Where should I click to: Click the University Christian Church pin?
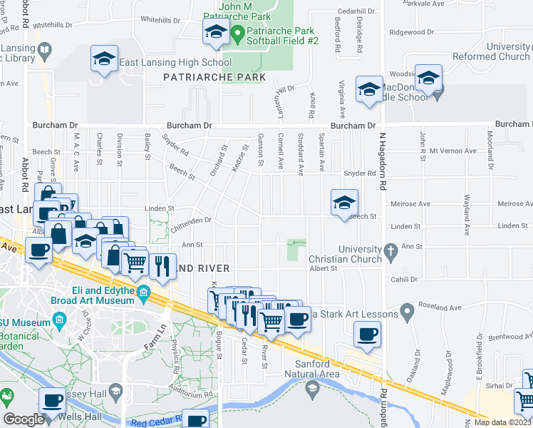point(390,251)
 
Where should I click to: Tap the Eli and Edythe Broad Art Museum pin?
point(143,292)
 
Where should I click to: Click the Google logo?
point(24,419)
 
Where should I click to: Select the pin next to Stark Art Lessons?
point(406,310)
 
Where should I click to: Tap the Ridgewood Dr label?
point(412,32)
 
